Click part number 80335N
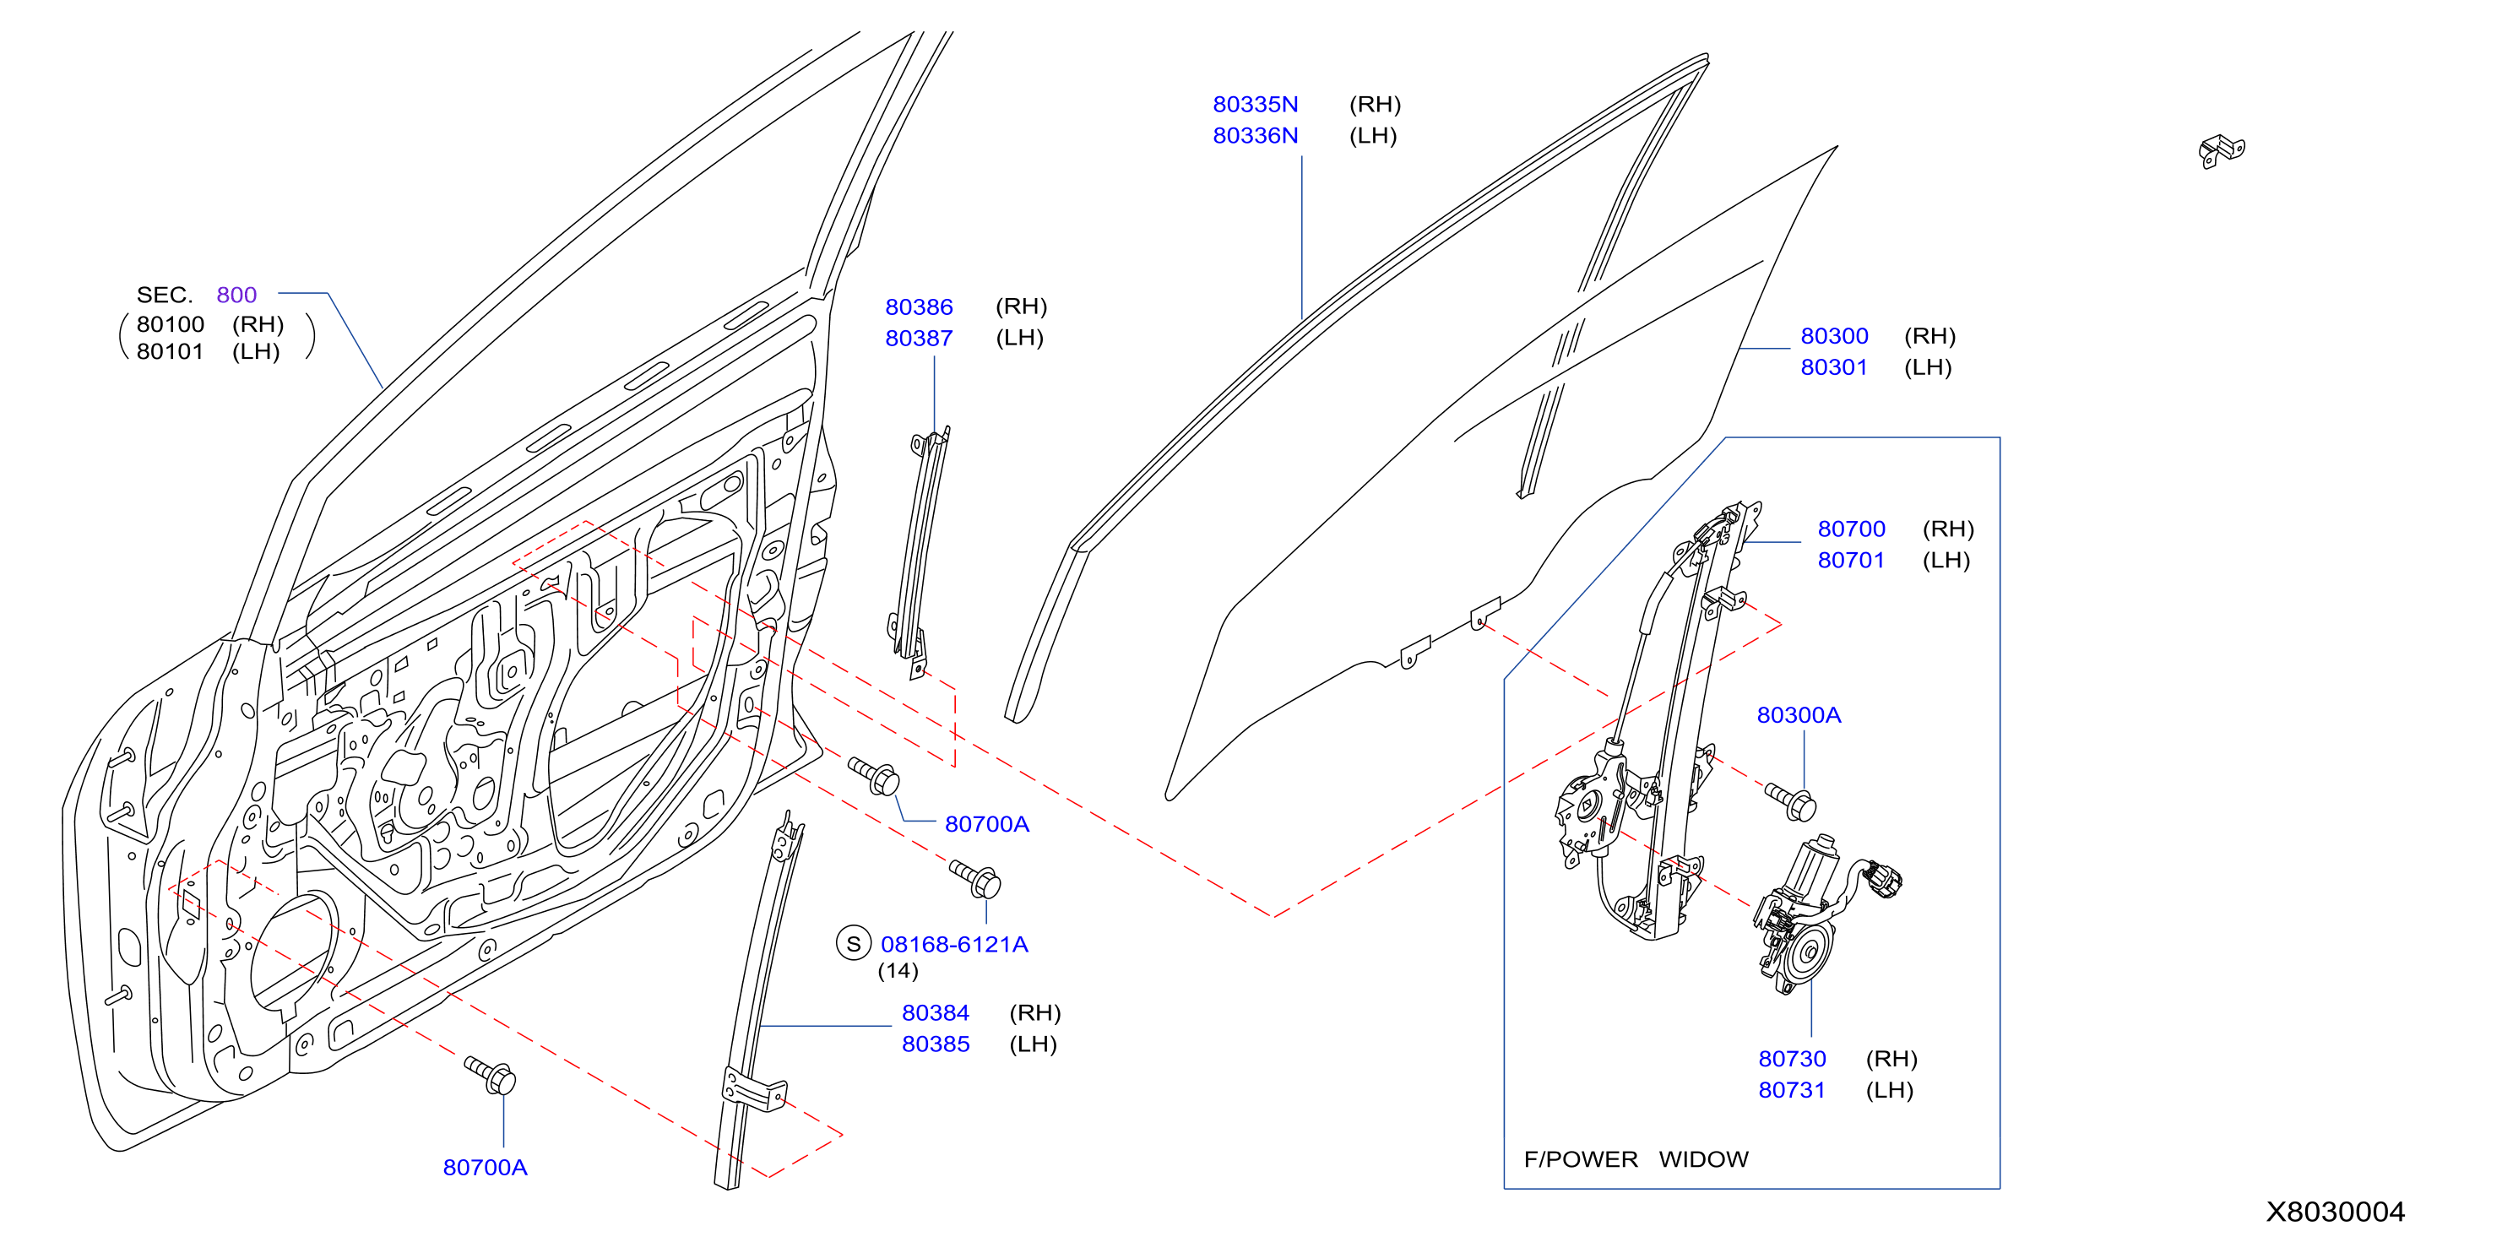[1255, 104]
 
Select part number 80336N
[1255, 135]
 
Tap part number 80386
[919, 307]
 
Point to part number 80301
[1834, 367]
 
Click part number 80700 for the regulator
[1851, 529]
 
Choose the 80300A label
[1799, 715]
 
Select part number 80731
[1792, 1090]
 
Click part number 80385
[936, 1044]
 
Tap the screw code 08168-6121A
[954, 944]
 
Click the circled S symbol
[854, 943]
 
